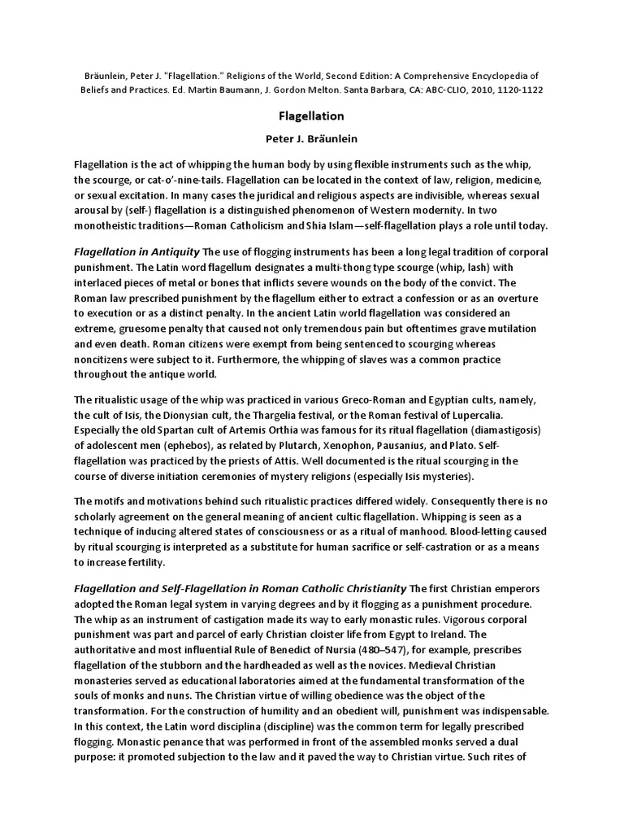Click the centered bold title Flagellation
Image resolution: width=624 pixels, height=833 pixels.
311,116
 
